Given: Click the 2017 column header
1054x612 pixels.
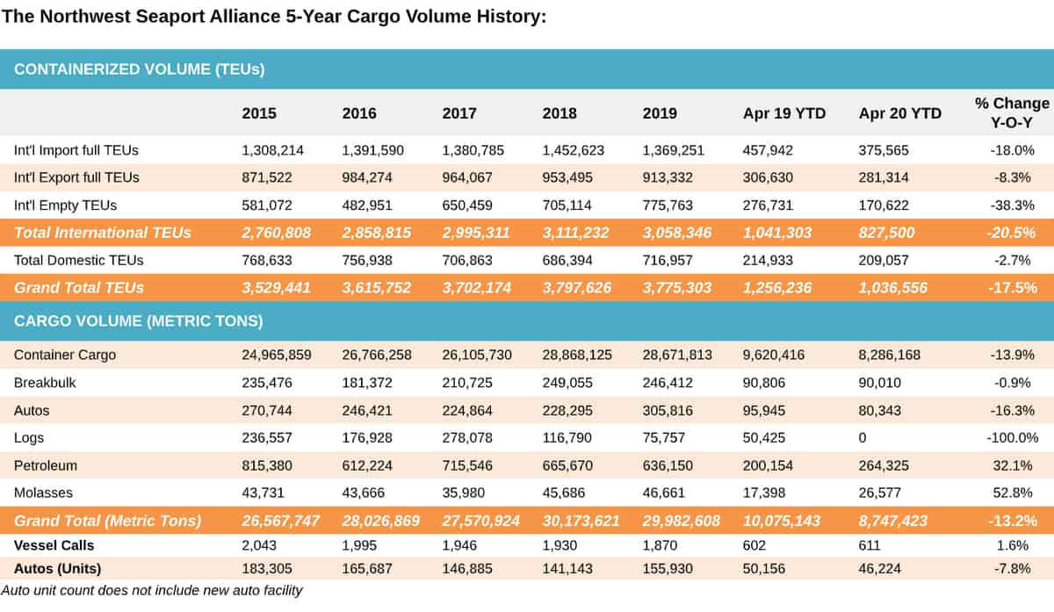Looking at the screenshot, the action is (459, 113).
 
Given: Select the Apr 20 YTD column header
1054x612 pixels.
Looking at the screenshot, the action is (899, 113).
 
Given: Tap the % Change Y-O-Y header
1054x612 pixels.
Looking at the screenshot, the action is (1012, 113).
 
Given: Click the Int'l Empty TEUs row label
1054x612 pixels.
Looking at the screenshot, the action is (65, 205).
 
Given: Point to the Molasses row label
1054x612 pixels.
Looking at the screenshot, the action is (43, 493).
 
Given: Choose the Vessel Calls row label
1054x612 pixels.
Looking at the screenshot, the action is (54, 545).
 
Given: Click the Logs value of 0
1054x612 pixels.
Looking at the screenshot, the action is (862, 438).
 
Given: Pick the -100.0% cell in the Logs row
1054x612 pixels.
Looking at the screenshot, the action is (1012, 438).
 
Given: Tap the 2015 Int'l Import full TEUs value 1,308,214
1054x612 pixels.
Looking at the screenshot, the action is (272, 150).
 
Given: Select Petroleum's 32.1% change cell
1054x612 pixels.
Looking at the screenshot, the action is (1013, 465).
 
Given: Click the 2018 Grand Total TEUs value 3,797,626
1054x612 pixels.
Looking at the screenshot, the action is (577, 288).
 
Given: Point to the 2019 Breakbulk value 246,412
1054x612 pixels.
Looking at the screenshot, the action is (668, 383).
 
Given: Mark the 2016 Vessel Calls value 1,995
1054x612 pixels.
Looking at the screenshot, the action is (359, 545).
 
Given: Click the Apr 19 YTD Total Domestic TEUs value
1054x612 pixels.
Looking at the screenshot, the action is (768, 261).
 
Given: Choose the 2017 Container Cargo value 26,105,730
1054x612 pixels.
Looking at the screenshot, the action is (477, 355).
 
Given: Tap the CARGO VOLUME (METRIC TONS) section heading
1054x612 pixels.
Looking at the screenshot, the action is (139, 320).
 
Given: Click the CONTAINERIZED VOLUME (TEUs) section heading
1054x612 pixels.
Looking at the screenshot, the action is (140, 69).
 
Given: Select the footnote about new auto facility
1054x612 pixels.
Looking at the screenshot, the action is (151, 590).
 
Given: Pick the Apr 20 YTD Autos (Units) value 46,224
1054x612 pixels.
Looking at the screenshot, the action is (879, 569).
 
